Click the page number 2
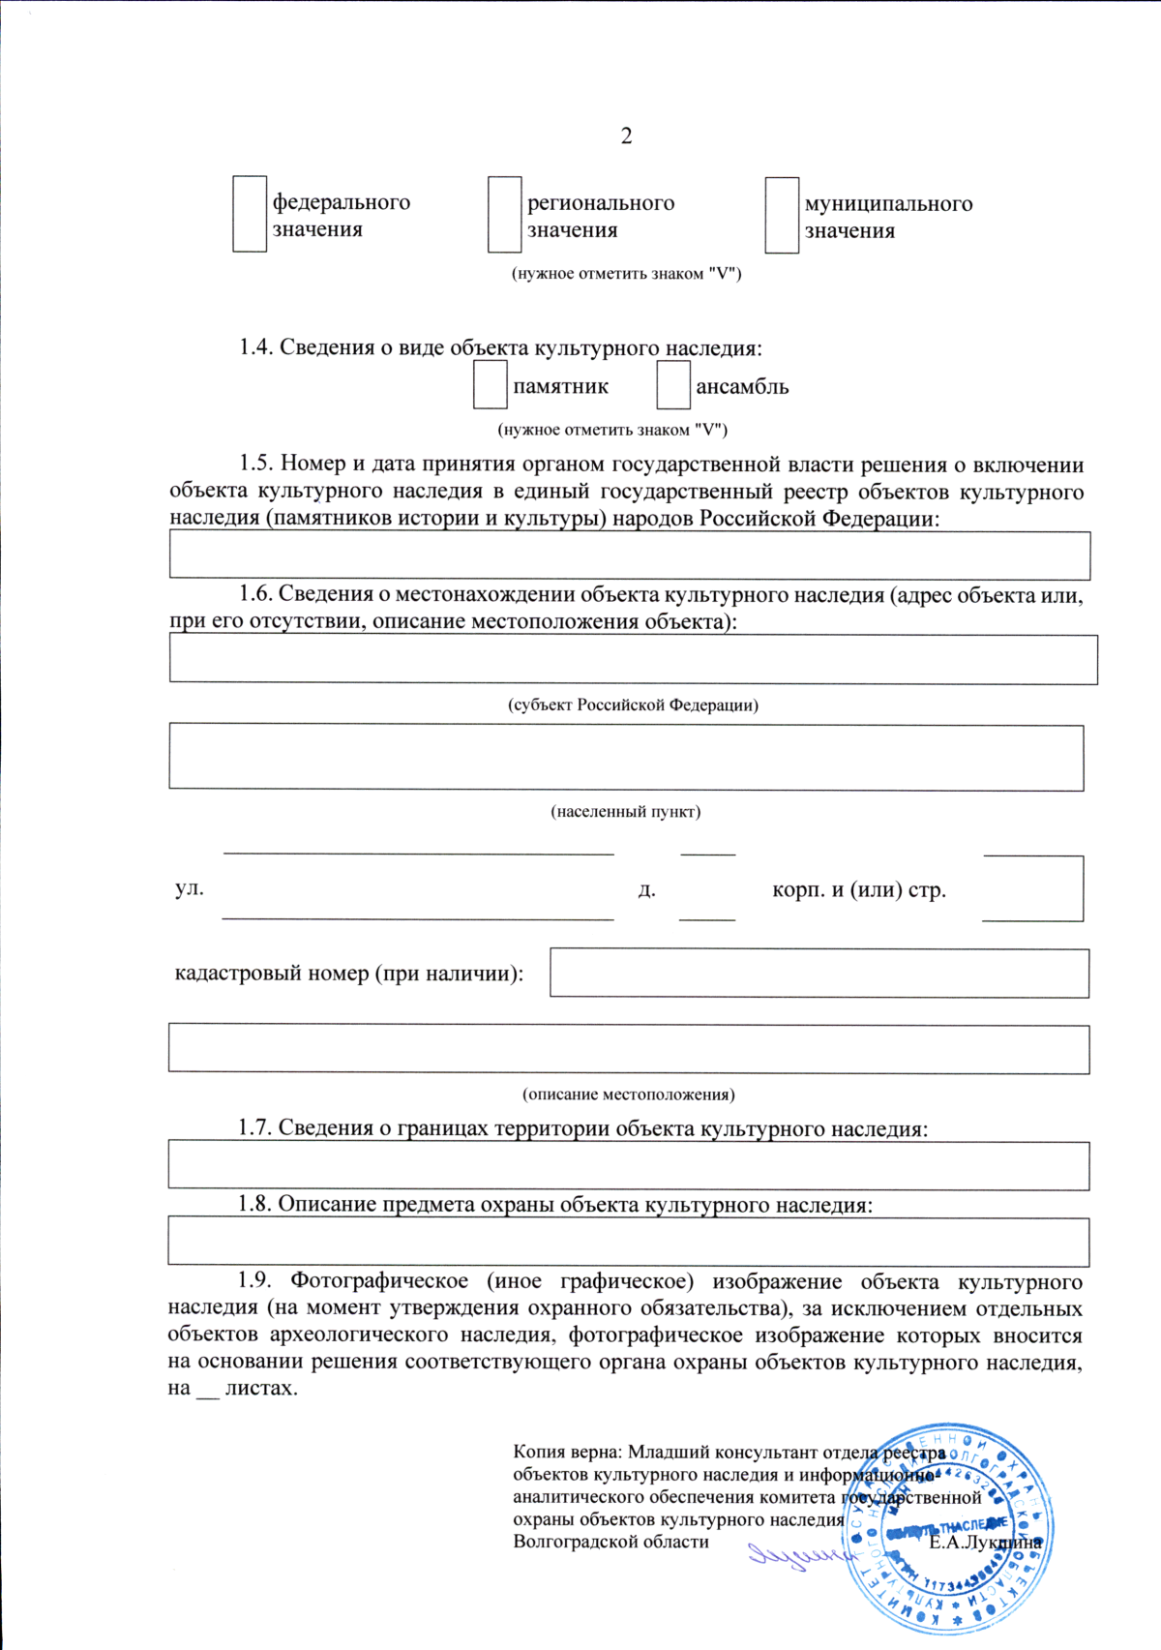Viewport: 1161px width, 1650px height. click(626, 136)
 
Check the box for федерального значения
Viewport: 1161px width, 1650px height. click(250, 214)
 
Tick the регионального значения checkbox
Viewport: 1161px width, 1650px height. click(504, 215)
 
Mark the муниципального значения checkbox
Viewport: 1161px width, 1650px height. click(782, 216)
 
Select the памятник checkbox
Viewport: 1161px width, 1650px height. click(490, 385)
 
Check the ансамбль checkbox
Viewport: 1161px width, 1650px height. click(673, 385)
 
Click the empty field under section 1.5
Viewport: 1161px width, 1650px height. click(629, 555)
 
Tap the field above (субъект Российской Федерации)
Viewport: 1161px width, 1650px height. click(633, 659)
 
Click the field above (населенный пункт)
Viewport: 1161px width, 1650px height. click(626, 758)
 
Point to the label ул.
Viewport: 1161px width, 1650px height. click(190, 888)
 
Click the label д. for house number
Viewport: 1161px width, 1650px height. click(646, 889)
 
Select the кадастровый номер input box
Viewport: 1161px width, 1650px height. click(819, 973)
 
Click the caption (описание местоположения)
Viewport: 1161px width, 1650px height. click(629, 1095)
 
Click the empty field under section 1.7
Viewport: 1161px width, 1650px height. click(629, 1166)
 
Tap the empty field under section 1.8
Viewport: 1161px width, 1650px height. click(629, 1242)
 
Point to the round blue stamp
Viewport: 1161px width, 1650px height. click(948, 1531)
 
